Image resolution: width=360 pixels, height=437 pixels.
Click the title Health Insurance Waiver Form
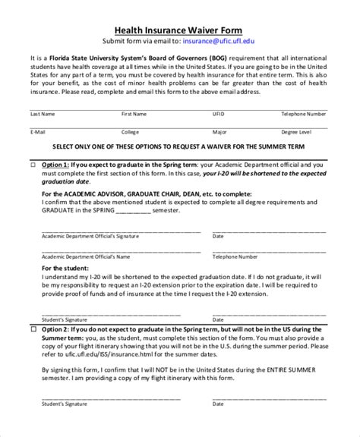coord(179,28)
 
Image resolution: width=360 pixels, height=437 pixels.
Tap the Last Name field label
coord(42,113)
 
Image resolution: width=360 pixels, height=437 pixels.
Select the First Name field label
coord(134,113)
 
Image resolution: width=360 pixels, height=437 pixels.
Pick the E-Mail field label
coord(39,131)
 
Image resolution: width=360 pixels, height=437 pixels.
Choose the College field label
coord(131,131)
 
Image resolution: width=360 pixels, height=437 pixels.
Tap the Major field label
coord(219,131)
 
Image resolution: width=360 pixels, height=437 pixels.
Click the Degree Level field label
coord(295,131)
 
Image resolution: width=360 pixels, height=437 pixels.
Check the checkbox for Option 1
coord(33,164)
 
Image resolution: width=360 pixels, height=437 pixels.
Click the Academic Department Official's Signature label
coord(83,236)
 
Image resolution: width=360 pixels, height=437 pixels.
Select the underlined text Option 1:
coord(56,164)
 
